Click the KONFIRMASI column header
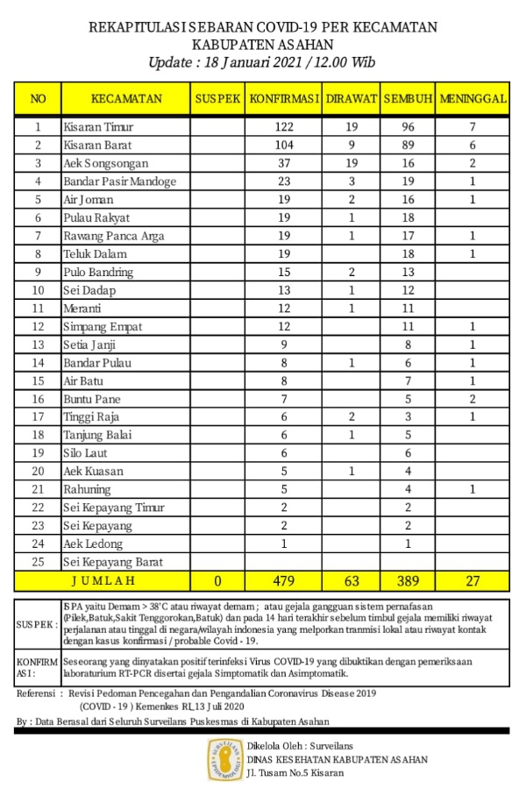[x=282, y=99]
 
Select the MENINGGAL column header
[x=473, y=99]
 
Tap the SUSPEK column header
[x=217, y=99]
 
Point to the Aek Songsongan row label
[x=105, y=163]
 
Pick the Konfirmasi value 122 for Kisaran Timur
[x=282, y=127]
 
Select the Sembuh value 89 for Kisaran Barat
[x=408, y=146]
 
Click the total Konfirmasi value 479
[x=282, y=580]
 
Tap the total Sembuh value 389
[x=408, y=580]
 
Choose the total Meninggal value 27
[x=473, y=580]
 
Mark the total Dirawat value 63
[x=352, y=580]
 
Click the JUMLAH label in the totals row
[x=103, y=580]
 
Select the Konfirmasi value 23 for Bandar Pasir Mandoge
[x=282, y=181]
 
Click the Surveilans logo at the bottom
[x=224, y=759]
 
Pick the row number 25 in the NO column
[x=38, y=562]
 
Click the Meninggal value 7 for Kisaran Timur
[x=473, y=127]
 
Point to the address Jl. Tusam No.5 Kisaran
[x=295, y=773]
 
